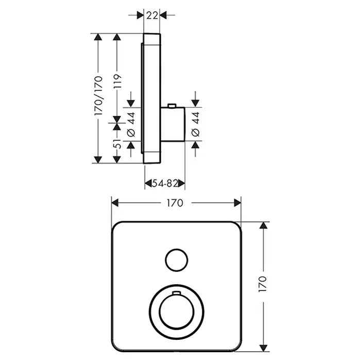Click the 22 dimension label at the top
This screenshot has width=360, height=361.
151,15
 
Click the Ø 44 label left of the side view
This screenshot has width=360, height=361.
131,125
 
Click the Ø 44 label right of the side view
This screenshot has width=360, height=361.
195,125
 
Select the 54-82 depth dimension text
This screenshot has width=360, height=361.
163,183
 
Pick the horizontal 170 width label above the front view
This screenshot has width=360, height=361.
175,203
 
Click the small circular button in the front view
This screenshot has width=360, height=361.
175,258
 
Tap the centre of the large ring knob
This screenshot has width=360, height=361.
175,311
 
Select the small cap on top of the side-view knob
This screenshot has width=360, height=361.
172,106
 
